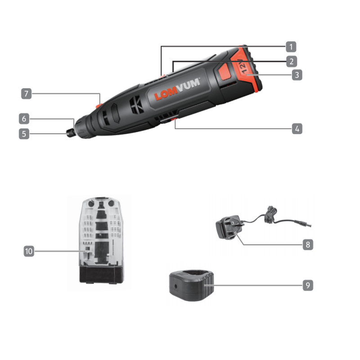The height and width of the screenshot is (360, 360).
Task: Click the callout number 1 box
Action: pyautogui.click(x=291, y=47)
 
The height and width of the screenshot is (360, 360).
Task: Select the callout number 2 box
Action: pyautogui.click(x=291, y=62)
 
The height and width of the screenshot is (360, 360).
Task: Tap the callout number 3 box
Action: pyautogui.click(x=297, y=75)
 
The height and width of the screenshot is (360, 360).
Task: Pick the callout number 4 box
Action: pyautogui.click(x=297, y=129)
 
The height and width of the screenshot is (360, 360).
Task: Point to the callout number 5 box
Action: pyautogui.click(x=24, y=134)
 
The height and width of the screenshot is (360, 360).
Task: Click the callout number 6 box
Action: pyautogui.click(x=24, y=119)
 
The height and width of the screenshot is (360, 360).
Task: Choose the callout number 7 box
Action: pyautogui.click(x=27, y=94)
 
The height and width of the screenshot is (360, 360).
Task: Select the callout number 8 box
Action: pyautogui.click(x=308, y=245)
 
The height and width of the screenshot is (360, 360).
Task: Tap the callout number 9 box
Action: pyautogui.click(x=308, y=285)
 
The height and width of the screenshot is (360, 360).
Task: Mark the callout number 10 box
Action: pyautogui.click(x=29, y=251)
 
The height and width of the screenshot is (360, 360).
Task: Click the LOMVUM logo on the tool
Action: pyautogui.click(x=177, y=89)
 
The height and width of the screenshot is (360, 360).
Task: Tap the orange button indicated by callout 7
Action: pyautogui.click(x=99, y=106)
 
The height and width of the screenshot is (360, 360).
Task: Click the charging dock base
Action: pyautogui.click(x=192, y=285)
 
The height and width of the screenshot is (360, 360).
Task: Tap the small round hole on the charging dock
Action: pyautogui.click(x=175, y=286)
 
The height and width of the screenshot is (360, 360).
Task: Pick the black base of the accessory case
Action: pyautogui.click(x=101, y=275)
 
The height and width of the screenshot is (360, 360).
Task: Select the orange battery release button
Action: pyautogui.click(x=225, y=72)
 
